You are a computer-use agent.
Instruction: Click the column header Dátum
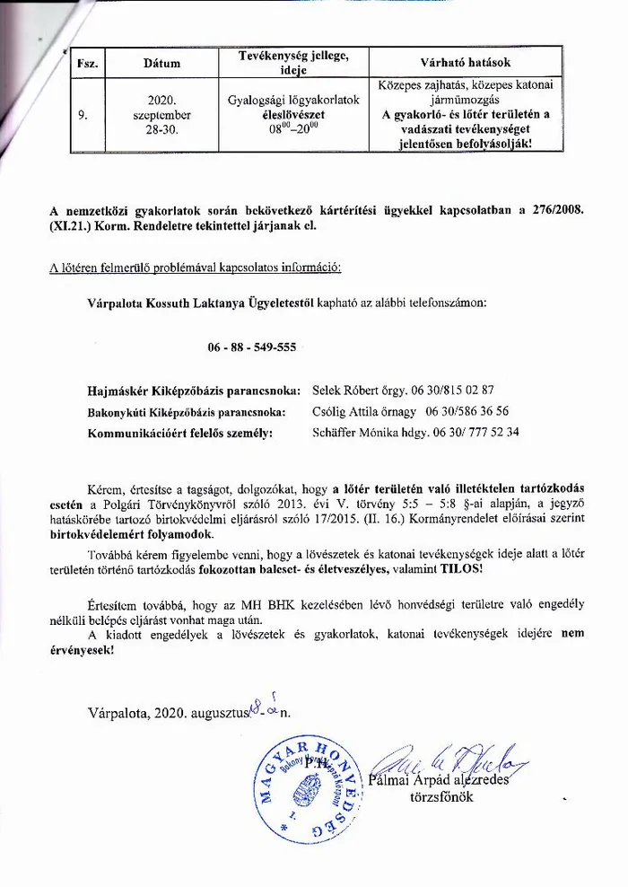click(x=161, y=64)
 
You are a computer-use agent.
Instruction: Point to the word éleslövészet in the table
click(x=293, y=115)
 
